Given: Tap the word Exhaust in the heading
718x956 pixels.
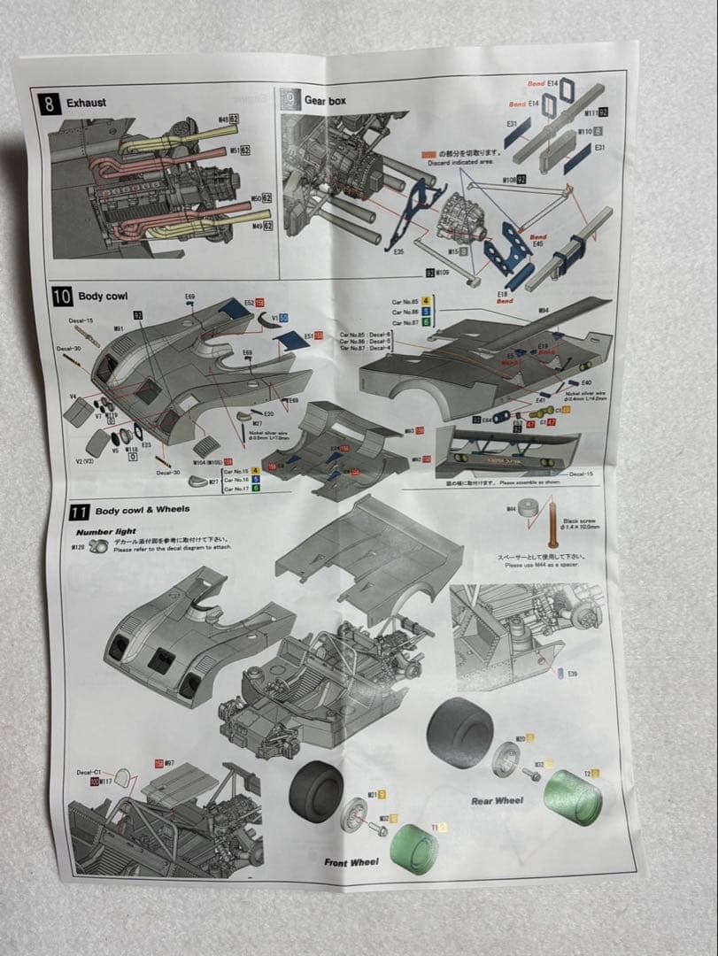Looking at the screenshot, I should pos(86,103).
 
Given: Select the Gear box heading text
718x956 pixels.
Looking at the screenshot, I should pos(325,101).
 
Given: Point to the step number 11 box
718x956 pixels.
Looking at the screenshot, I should pos(80,511).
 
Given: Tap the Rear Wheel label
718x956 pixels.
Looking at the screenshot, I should pos(497,800).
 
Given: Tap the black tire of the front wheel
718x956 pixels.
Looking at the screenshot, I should pos(317,792).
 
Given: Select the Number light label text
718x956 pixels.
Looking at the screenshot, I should pos(105,532).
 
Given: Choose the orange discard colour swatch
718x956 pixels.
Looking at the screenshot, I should pos(429,151).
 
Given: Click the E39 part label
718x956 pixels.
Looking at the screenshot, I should pos(573,675).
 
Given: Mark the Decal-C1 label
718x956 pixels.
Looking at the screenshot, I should pos(91,772).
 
